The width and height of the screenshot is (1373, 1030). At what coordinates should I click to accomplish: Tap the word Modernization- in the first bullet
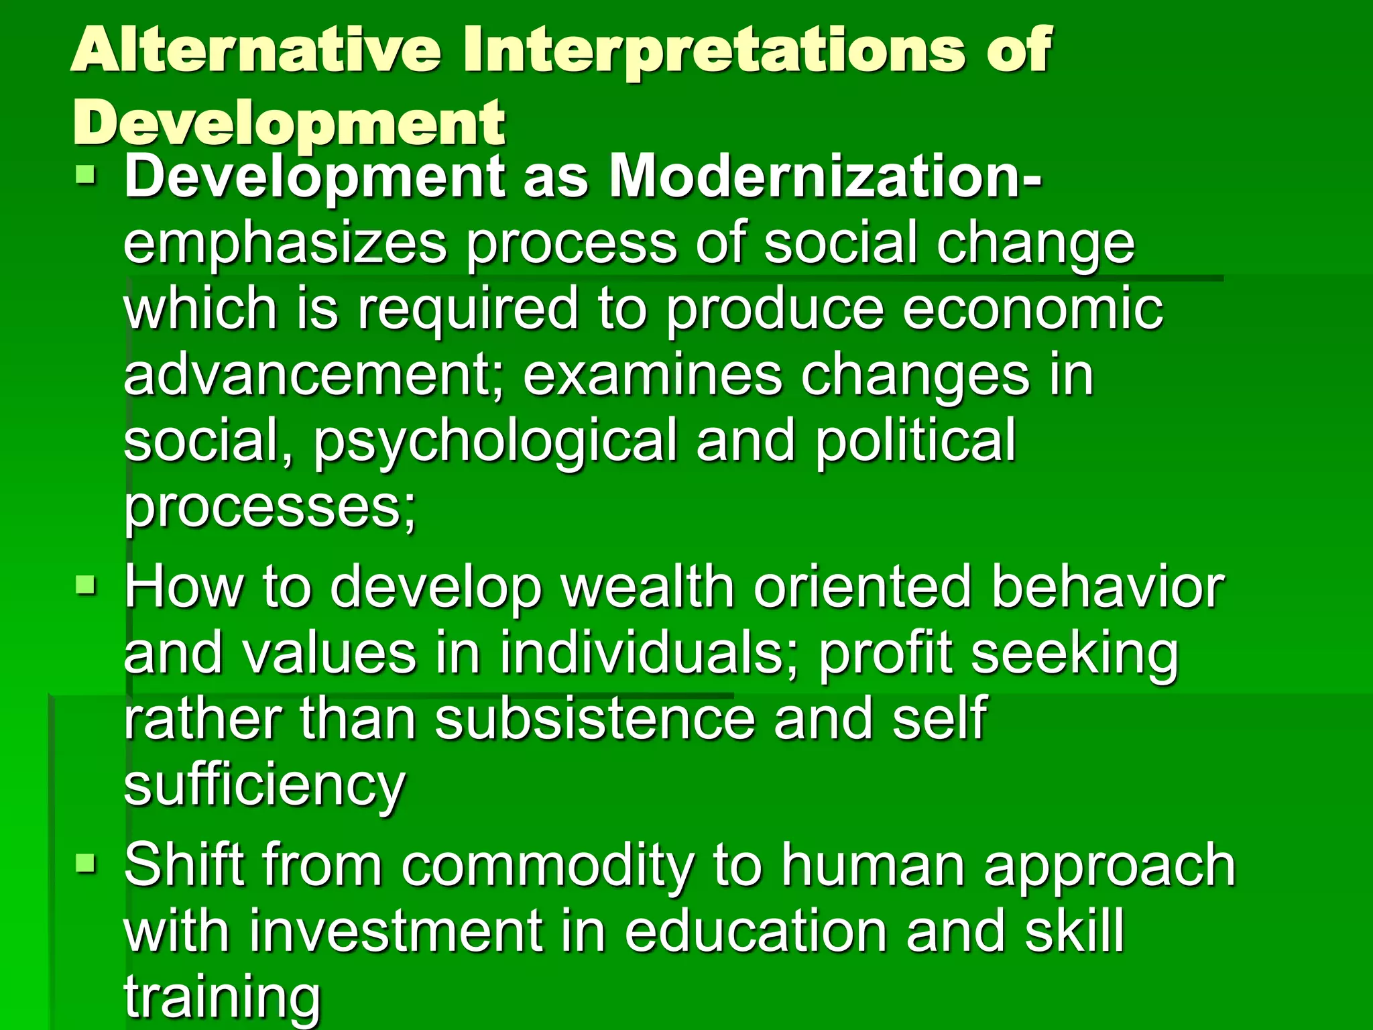click(825, 177)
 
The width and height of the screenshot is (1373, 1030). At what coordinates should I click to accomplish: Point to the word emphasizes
click(285, 245)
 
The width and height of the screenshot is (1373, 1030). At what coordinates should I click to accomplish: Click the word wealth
click(648, 587)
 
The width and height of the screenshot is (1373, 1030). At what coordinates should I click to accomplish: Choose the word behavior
click(1107, 587)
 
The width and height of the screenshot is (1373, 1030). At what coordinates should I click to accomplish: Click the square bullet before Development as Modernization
click(86, 176)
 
